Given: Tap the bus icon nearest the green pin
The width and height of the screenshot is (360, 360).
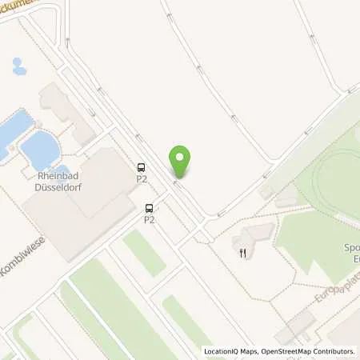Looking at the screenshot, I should [142, 167].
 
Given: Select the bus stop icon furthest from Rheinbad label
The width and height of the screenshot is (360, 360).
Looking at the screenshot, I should [150, 207].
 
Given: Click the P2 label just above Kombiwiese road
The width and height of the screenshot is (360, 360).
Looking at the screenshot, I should [150, 218].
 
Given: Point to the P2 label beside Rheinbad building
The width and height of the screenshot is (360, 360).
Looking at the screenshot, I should [142, 178].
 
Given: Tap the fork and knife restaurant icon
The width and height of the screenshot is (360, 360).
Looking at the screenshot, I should [242, 254].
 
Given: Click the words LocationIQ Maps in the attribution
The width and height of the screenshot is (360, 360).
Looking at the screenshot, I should [230, 351].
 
